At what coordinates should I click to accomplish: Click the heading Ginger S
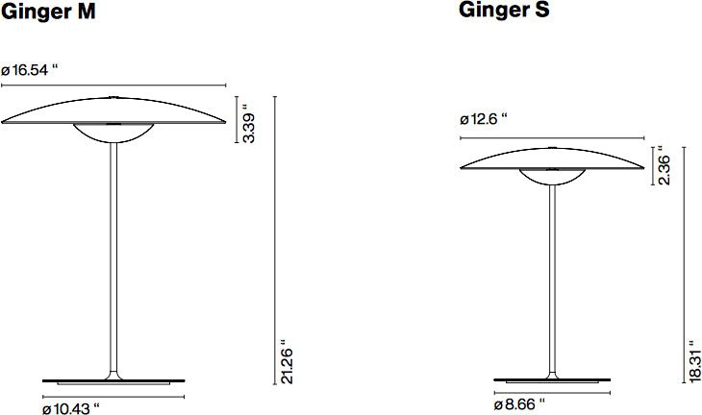click(x=505, y=12)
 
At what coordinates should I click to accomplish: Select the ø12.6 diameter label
click(x=484, y=120)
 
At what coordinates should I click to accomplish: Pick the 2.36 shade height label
click(x=663, y=167)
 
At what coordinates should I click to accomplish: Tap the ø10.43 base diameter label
click(x=72, y=408)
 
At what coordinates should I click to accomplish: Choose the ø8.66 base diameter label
click(x=519, y=405)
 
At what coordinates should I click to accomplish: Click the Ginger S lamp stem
click(x=552, y=279)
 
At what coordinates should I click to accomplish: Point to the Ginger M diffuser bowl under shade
click(x=114, y=134)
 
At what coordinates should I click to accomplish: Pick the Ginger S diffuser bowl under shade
click(x=551, y=178)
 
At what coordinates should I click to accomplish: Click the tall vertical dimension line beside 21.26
click(x=275, y=240)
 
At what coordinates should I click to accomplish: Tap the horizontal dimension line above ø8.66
click(x=552, y=393)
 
